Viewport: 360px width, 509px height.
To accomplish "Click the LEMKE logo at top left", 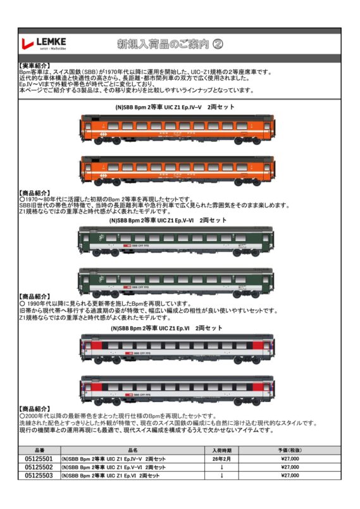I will coord(44,43).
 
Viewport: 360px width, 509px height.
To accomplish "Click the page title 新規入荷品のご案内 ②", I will coord(170,44).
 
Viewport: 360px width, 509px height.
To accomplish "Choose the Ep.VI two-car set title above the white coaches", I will coord(166,329).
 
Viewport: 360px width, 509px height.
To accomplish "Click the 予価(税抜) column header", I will coord(289,450).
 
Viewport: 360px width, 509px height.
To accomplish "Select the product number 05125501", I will coord(39,458).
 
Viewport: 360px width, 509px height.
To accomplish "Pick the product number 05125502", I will coord(39,467).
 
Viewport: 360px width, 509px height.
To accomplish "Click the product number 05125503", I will coord(39,475).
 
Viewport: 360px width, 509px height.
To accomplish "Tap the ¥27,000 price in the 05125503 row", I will coord(289,475).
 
